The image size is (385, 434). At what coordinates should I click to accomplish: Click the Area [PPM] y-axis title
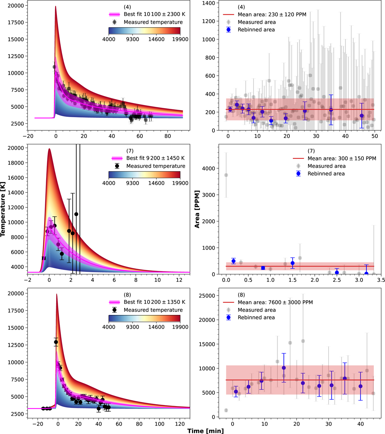coord(197,209)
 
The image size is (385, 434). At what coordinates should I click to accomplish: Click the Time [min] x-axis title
coord(206,431)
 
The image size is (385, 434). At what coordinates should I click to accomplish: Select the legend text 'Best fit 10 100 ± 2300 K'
coord(154,14)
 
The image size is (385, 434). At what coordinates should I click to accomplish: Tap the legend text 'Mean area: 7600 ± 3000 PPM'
coord(275,302)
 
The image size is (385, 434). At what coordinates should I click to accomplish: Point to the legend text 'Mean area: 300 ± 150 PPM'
coord(342,158)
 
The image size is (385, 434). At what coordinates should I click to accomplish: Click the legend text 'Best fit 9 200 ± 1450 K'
coord(156,158)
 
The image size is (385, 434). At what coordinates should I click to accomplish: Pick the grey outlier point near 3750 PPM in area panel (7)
coord(226,175)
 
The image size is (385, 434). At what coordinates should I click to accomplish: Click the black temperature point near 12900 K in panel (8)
coord(56,342)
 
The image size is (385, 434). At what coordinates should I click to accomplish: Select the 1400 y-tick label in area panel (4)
coord(209,3)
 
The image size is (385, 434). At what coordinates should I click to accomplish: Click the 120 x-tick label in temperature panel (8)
coord(180,424)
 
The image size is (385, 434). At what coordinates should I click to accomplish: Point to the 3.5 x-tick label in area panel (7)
coord(381,280)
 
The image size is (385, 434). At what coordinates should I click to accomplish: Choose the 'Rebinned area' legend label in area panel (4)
coord(256,30)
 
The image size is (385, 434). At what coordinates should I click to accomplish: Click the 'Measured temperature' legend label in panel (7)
coord(156,166)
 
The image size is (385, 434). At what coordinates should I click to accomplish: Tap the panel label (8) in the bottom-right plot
coord(241,295)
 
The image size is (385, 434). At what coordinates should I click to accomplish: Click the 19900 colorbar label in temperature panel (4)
coord(180,39)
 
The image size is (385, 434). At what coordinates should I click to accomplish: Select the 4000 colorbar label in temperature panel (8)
coord(109,327)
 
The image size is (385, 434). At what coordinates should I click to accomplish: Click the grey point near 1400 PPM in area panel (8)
coord(226,410)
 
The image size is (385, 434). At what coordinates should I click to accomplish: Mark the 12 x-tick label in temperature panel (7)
coord(179,280)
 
